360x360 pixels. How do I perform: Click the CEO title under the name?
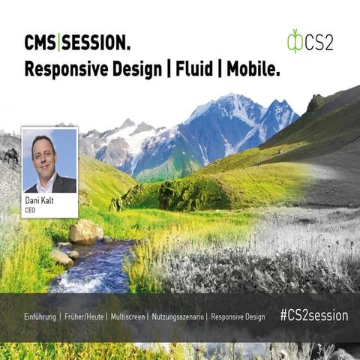point(31,211)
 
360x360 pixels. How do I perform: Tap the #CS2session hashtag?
point(313,316)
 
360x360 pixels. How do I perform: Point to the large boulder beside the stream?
point(85,232)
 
